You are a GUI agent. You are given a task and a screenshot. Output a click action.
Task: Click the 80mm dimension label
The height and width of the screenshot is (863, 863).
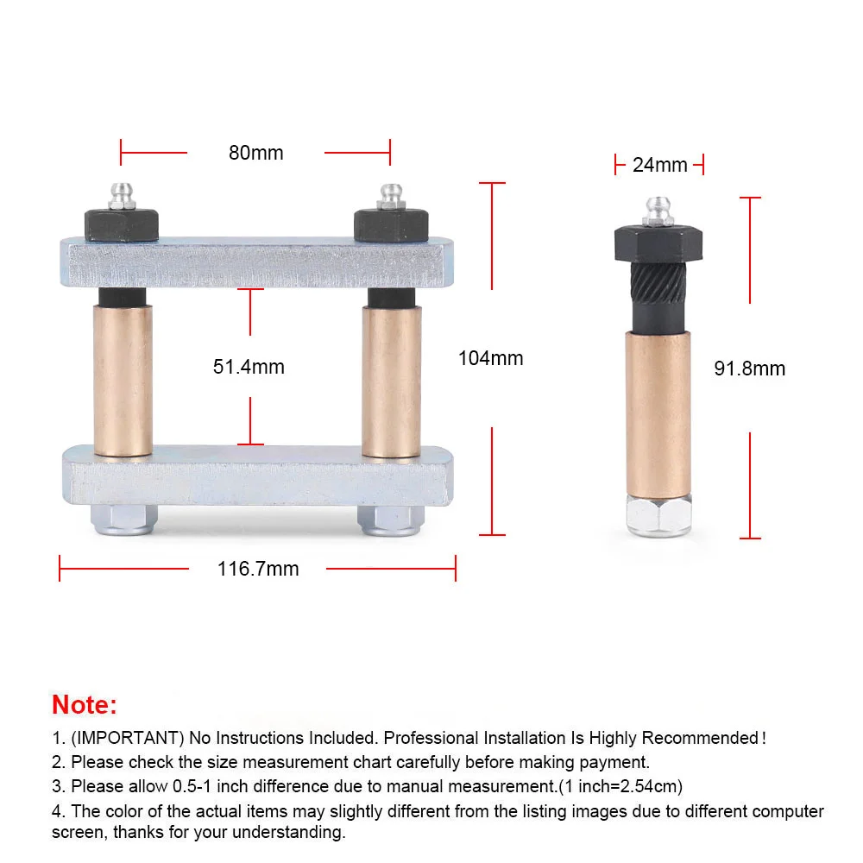pyautogui.click(x=256, y=153)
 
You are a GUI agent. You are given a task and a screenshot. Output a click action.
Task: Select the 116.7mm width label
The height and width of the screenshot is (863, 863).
pyautogui.click(x=258, y=569)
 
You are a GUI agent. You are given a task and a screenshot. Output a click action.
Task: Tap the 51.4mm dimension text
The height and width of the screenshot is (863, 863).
pyautogui.click(x=249, y=367)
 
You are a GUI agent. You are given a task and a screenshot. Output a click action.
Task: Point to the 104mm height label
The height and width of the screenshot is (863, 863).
pyautogui.click(x=491, y=358)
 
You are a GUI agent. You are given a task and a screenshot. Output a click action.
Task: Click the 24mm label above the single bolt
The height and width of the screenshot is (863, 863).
pyautogui.click(x=660, y=165)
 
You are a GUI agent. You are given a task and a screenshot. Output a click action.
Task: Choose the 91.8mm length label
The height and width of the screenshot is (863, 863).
pyautogui.click(x=750, y=369)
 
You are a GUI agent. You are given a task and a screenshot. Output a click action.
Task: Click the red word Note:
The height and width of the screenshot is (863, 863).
pyautogui.click(x=85, y=704)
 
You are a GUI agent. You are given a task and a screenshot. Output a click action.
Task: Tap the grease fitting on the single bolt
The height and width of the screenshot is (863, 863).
pyautogui.click(x=658, y=211)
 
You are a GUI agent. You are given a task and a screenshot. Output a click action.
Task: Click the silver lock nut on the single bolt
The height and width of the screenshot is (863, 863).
pyautogui.click(x=658, y=516)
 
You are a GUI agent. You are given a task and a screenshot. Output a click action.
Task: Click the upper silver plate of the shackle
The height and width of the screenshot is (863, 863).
pyautogui.click(x=257, y=262)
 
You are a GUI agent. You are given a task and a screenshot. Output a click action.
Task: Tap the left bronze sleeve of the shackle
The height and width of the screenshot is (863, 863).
pyautogui.click(x=123, y=381)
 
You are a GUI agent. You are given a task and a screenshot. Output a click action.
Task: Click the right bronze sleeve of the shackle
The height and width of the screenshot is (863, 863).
pyautogui.click(x=392, y=381)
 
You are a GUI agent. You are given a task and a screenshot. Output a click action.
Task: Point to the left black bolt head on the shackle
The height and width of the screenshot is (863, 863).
pyautogui.click(x=122, y=224)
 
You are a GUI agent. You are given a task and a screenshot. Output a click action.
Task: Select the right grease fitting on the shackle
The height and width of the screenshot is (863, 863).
pyautogui.click(x=391, y=197)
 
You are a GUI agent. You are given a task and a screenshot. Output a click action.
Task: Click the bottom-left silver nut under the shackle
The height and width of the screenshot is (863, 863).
pyautogui.click(x=123, y=520)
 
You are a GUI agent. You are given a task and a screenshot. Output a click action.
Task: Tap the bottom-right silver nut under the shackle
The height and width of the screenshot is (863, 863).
pyautogui.click(x=391, y=520)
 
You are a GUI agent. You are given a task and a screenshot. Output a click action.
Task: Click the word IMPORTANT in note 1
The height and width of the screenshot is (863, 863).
pyautogui.click(x=128, y=738)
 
